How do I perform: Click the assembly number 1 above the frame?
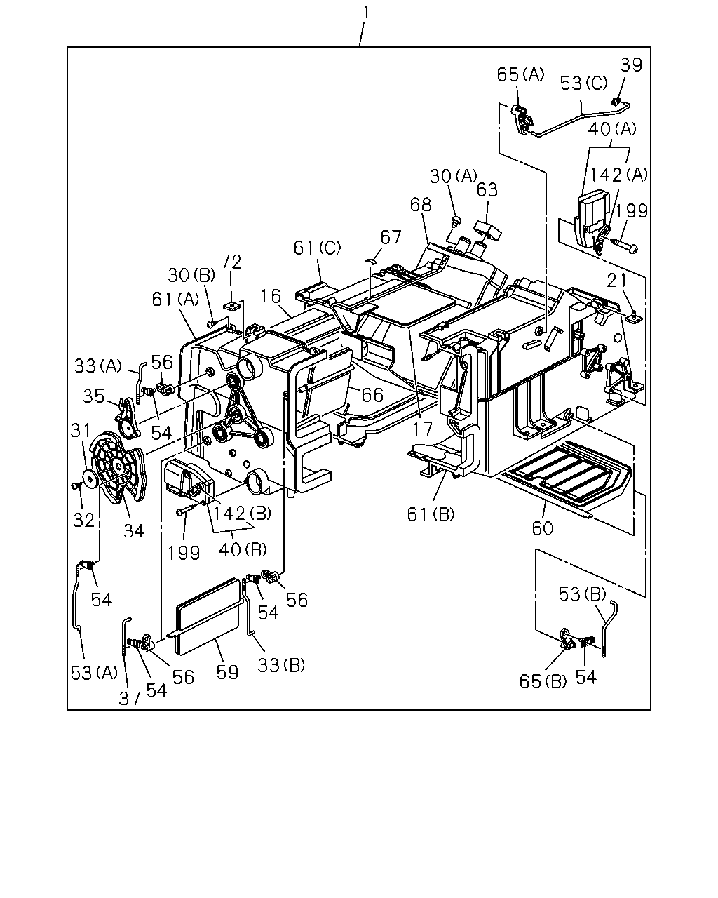[x=366, y=13]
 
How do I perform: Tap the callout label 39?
[x=630, y=65]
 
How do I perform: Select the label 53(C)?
[x=583, y=83]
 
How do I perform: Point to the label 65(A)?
[x=520, y=74]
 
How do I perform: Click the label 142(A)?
[x=618, y=175]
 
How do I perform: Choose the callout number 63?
[x=487, y=190]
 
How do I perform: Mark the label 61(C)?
[x=317, y=248]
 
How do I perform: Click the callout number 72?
[x=231, y=262]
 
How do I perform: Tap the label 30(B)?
[x=191, y=276]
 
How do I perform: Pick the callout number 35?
[x=93, y=396]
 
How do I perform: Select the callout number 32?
[x=84, y=520]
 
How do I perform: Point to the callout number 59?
[x=227, y=672]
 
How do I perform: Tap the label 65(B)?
[x=543, y=681]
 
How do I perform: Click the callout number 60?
[x=543, y=528]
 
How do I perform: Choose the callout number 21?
[x=617, y=281]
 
